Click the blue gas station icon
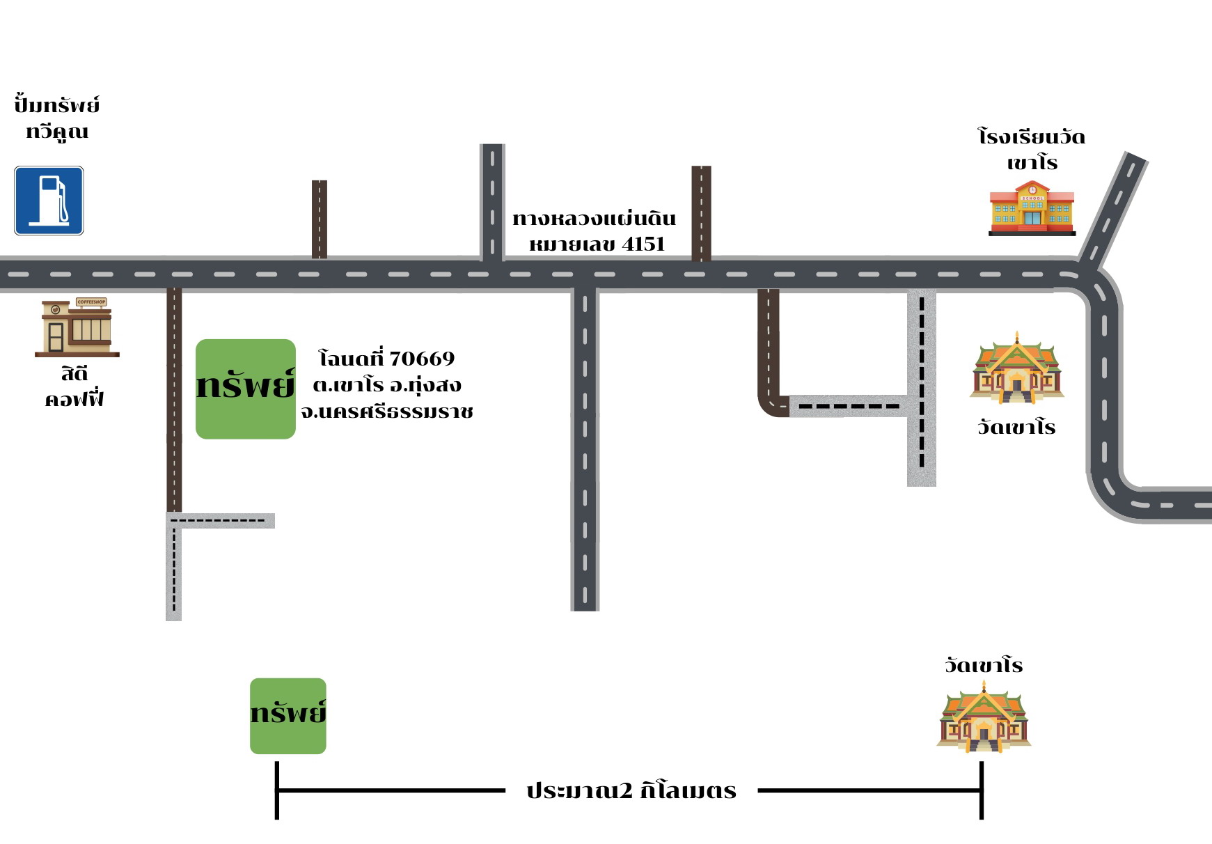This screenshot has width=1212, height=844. pyautogui.click(x=49, y=201)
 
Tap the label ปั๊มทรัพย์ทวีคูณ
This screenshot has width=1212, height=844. pyautogui.click(x=57, y=118)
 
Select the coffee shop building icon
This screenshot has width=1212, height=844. pyautogui.click(x=77, y=327)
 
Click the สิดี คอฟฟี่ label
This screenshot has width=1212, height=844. pyautogui.click(x=74, y=386)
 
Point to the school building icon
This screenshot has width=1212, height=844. pyautogui.click(x=1032, y=208)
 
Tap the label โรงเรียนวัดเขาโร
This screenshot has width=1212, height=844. pyautogui.click(x=1032, y=149)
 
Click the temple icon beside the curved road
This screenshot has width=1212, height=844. pyautogui.click(x=1017, y=368)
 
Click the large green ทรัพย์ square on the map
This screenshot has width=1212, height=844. pyautogui.click(x=246, y=389)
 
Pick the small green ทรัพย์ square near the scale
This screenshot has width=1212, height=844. pyautogui.click(x=288, y=716)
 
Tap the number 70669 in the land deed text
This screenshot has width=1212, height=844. pyautogui.click(x=422, y=359)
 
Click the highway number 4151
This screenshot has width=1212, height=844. pyautogui.click(x=644, y=244)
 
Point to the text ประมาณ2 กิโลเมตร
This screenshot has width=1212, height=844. pyautogui.click(x=631, y=790)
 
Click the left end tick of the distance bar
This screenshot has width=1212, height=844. pyautogui.click(x=277, y=790)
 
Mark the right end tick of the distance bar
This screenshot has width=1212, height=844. pyautogui.click(x=982, y=790)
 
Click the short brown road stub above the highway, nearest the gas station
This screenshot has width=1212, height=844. pyautogui.click(x=320, y=219)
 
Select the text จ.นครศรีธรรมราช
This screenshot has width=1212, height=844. pyautogui.click(x=387, y=412)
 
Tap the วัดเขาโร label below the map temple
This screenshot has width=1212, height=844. pyautogui.click(x=1017, y=427)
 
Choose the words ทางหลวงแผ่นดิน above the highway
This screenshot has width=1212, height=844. pyautogui.click(x=595, y=218)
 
